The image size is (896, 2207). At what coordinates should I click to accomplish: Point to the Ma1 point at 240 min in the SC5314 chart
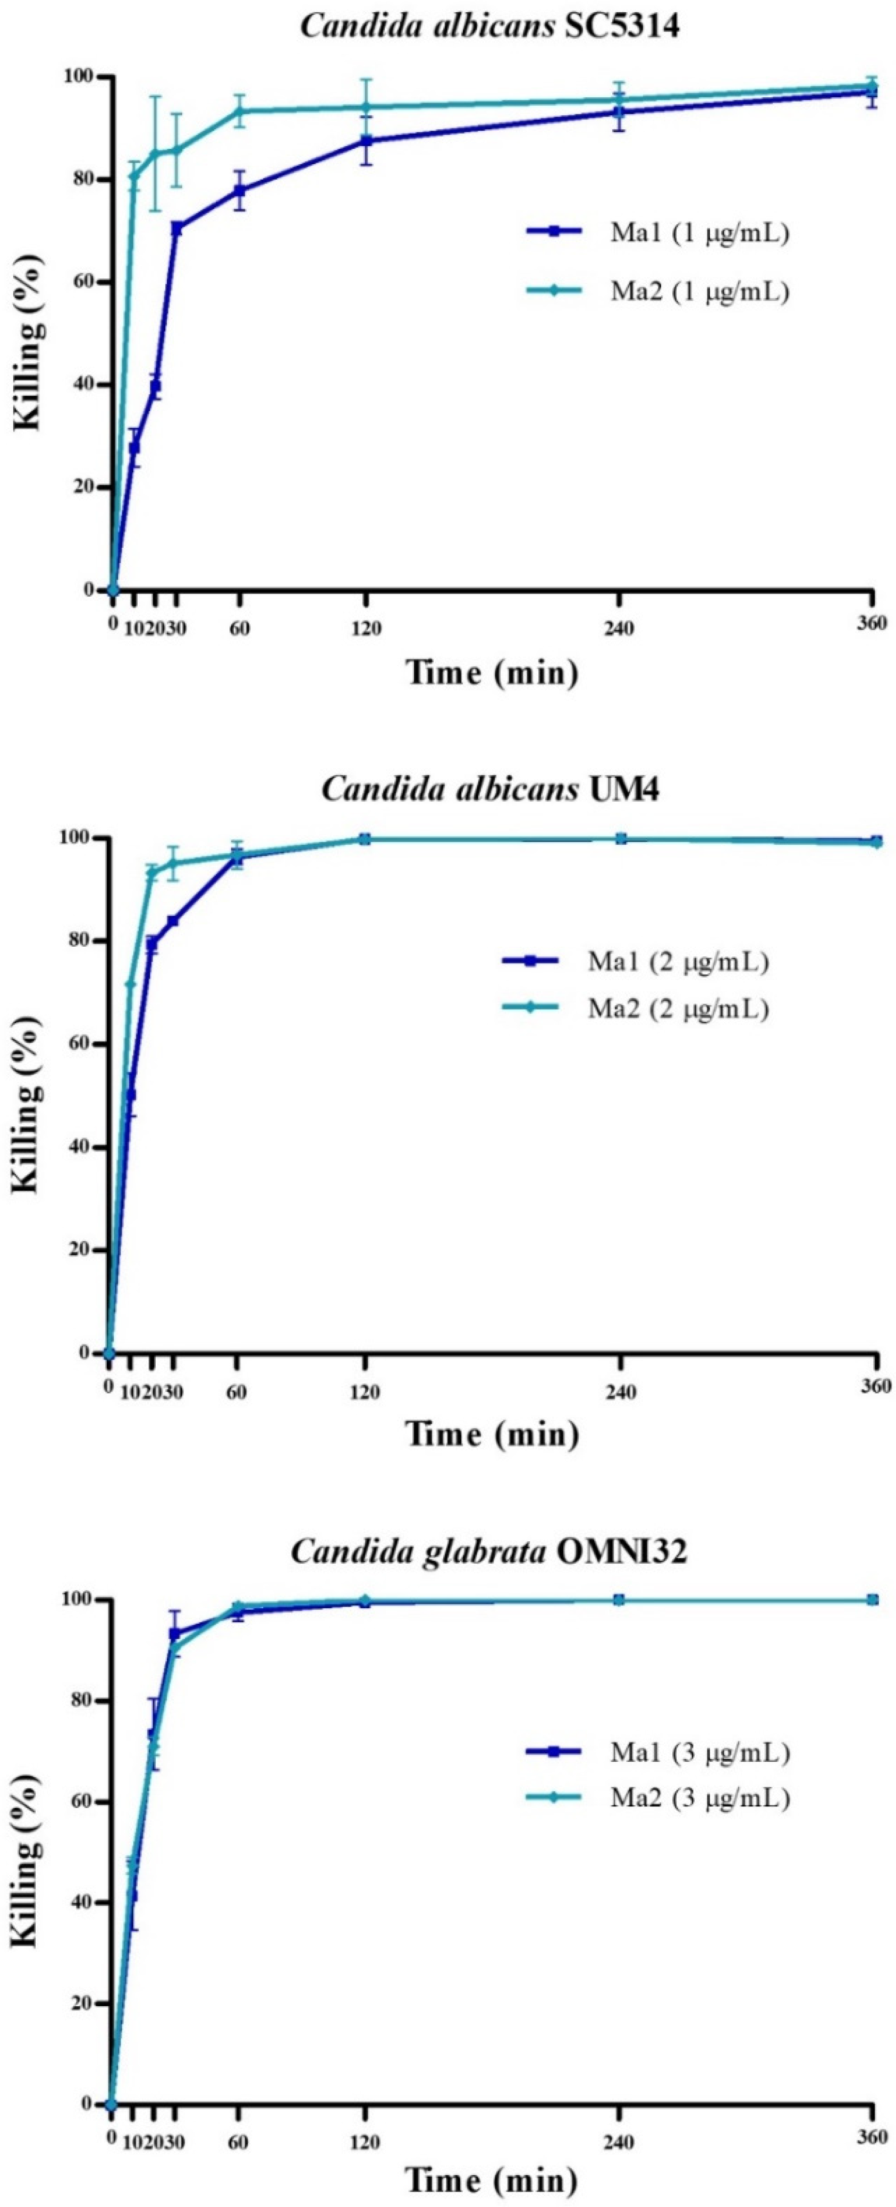(x=619, y=112)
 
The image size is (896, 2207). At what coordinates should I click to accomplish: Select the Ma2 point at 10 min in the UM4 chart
(x=130, y=983)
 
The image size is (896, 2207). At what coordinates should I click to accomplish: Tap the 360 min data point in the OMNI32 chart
(x=872, y=1600)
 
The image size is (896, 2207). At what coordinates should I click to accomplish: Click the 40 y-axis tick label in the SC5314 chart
(x=81, y=385)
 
